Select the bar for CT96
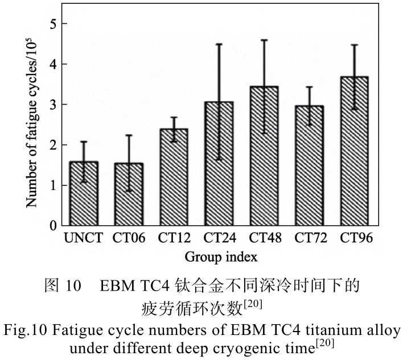pyautogui.click(x=354, y=151)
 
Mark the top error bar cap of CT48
pyautogui.click(x=264, y=40)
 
